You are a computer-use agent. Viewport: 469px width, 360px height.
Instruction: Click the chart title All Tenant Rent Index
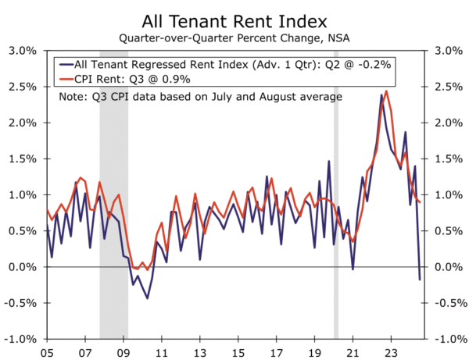pyautogui.click(x=234, y=19)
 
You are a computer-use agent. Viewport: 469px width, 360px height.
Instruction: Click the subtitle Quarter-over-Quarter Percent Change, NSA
pyautogui.click(x=234, y=37)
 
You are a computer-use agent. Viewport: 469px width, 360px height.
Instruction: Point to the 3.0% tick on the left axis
pyautogui.click(x=23, y=51)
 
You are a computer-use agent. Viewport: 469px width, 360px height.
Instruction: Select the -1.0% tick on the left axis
pyautogui.click(x=22, y=339)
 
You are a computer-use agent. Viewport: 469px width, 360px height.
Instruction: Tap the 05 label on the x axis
pyautogui.click(x=47, y=352)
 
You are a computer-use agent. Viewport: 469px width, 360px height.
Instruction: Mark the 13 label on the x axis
pyautogui.click(x=200, y=352)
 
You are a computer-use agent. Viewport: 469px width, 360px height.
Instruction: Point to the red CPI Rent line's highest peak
pyautogui.click(x=387, y=91)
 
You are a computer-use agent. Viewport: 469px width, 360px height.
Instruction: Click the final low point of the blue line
pyautogui.click(x=419, y=280)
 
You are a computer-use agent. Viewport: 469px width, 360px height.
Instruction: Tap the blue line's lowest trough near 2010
pyautogui.click(x=147, y=298)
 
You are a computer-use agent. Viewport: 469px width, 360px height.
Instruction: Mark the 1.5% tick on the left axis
pyautogui.click(x=23, y=159)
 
